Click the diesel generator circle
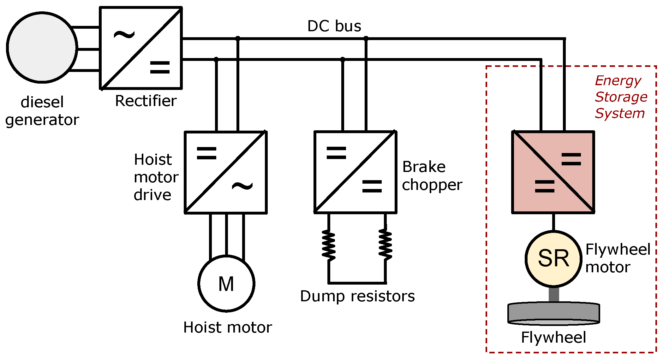pyautogui.click(x=42, y=47)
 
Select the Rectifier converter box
pyautogui.click(x=141, y=48)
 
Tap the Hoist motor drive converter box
pyautogui.click(x=226, y=172)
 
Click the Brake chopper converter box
pyautogui.click(x=355, y=172)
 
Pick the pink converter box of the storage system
pyautogui.click(x=553, y=172)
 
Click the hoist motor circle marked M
pyautogui.click(x=226, y=283)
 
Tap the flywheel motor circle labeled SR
pyautogui.click(x=553, y=259)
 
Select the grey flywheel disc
pyautogui.click(x=553, y=314)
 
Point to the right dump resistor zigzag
pyautogui.click(x=385, y=245)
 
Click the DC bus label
pyautogui.click(x=334, y=26)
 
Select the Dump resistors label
pyautogui.click(x=357, y=296)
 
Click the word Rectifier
pyautogui.click(x=146, y=101)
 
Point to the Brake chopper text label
pyautogui.click(x=432, y=176)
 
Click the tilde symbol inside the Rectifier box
pyautogui.click(x=124, y=35)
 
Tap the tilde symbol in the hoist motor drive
pyautogui.click(x=242, y=186)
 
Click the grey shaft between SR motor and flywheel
pyautogui.click(x=554, y=295)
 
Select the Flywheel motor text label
pyautogui.click(x=618, y=258)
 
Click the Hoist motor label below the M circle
pyautogui.click(x=228, y=328)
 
